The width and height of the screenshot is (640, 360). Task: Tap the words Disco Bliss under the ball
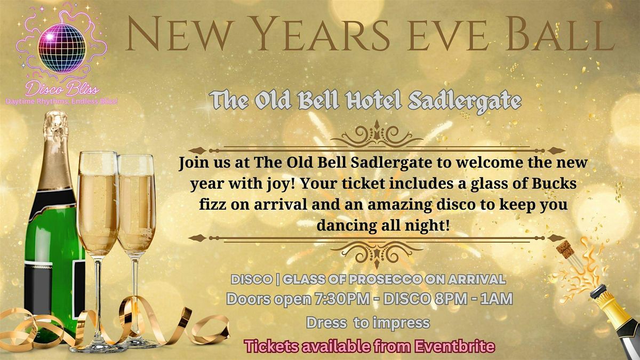point(62,89)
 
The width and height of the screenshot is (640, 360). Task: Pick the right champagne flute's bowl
point(136,205)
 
